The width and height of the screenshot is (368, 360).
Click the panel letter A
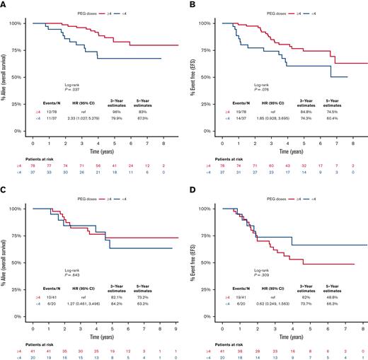click(x=4, y=4)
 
